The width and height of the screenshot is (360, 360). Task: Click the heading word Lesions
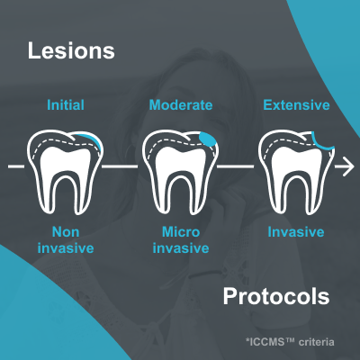pos(71,50)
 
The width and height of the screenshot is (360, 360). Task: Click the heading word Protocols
pos(276,297)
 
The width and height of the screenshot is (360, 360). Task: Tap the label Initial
pos(66,105)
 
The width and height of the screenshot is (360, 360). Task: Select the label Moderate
pos(181,105)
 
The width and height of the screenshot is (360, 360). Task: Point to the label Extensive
pos(296,105)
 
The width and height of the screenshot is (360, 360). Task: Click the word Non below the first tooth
pos(66,232)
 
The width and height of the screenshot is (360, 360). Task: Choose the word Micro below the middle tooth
pos(181,232)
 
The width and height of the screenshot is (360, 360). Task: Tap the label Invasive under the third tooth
pos(296,232)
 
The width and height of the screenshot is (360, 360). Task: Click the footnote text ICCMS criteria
pos(290,342)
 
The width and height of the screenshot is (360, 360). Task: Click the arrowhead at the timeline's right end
pos(349,166)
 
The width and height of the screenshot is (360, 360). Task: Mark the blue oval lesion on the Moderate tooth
pos(207,139)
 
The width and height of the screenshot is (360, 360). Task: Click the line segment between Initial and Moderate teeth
pos(120,166)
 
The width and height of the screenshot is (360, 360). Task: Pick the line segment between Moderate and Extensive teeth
pos(235,166)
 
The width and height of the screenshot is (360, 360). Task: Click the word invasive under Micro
pos(181,248)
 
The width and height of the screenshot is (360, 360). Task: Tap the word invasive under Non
pos(66,248)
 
